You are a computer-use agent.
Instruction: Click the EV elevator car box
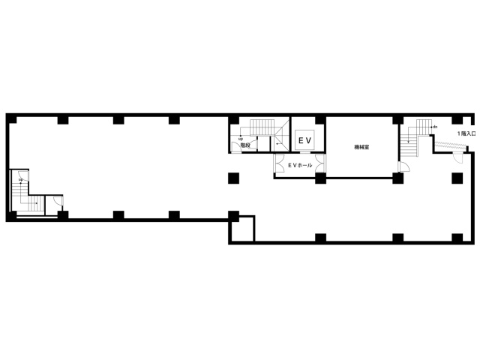pyautogui.click(x=304, y=140)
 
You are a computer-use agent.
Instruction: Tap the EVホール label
pyautogui.click(x=300, y=165)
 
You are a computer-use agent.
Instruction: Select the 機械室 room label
pyautogui.click(x=361, y=147)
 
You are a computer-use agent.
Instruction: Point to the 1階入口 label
pyautogui.click(x=466, y=133)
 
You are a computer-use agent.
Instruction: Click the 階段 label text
pyautogui.click(x=245, y=145)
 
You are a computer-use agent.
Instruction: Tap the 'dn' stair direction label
pyautogui.click(x=435, y=127)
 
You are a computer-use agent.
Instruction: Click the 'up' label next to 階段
pyautogui.click(x=241, y=139)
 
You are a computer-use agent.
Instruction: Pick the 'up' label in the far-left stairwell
pyautogui.click(x=21, y=179)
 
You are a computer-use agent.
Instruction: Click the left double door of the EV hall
pyautogui.click(x=280, y=163)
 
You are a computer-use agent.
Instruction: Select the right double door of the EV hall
pyautogui.click(x=319, y=163)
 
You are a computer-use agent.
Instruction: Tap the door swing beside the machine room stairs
pyautogui.click(x=404, y=167)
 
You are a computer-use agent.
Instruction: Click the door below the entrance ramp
pyautogui.click(x=458, y=158)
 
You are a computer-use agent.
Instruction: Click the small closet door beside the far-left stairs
pyautogui.click(x=58, y=201)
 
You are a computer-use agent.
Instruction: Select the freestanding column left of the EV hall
pyautogui.click(x=233, y=178)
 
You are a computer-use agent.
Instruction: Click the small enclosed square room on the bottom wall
pyautogui.click(x=241, y=229)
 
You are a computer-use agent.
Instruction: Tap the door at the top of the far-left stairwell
pyautogui.click(x=25, y=176)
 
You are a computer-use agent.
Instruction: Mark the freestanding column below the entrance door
pyautogui.click(x=457, y=178)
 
